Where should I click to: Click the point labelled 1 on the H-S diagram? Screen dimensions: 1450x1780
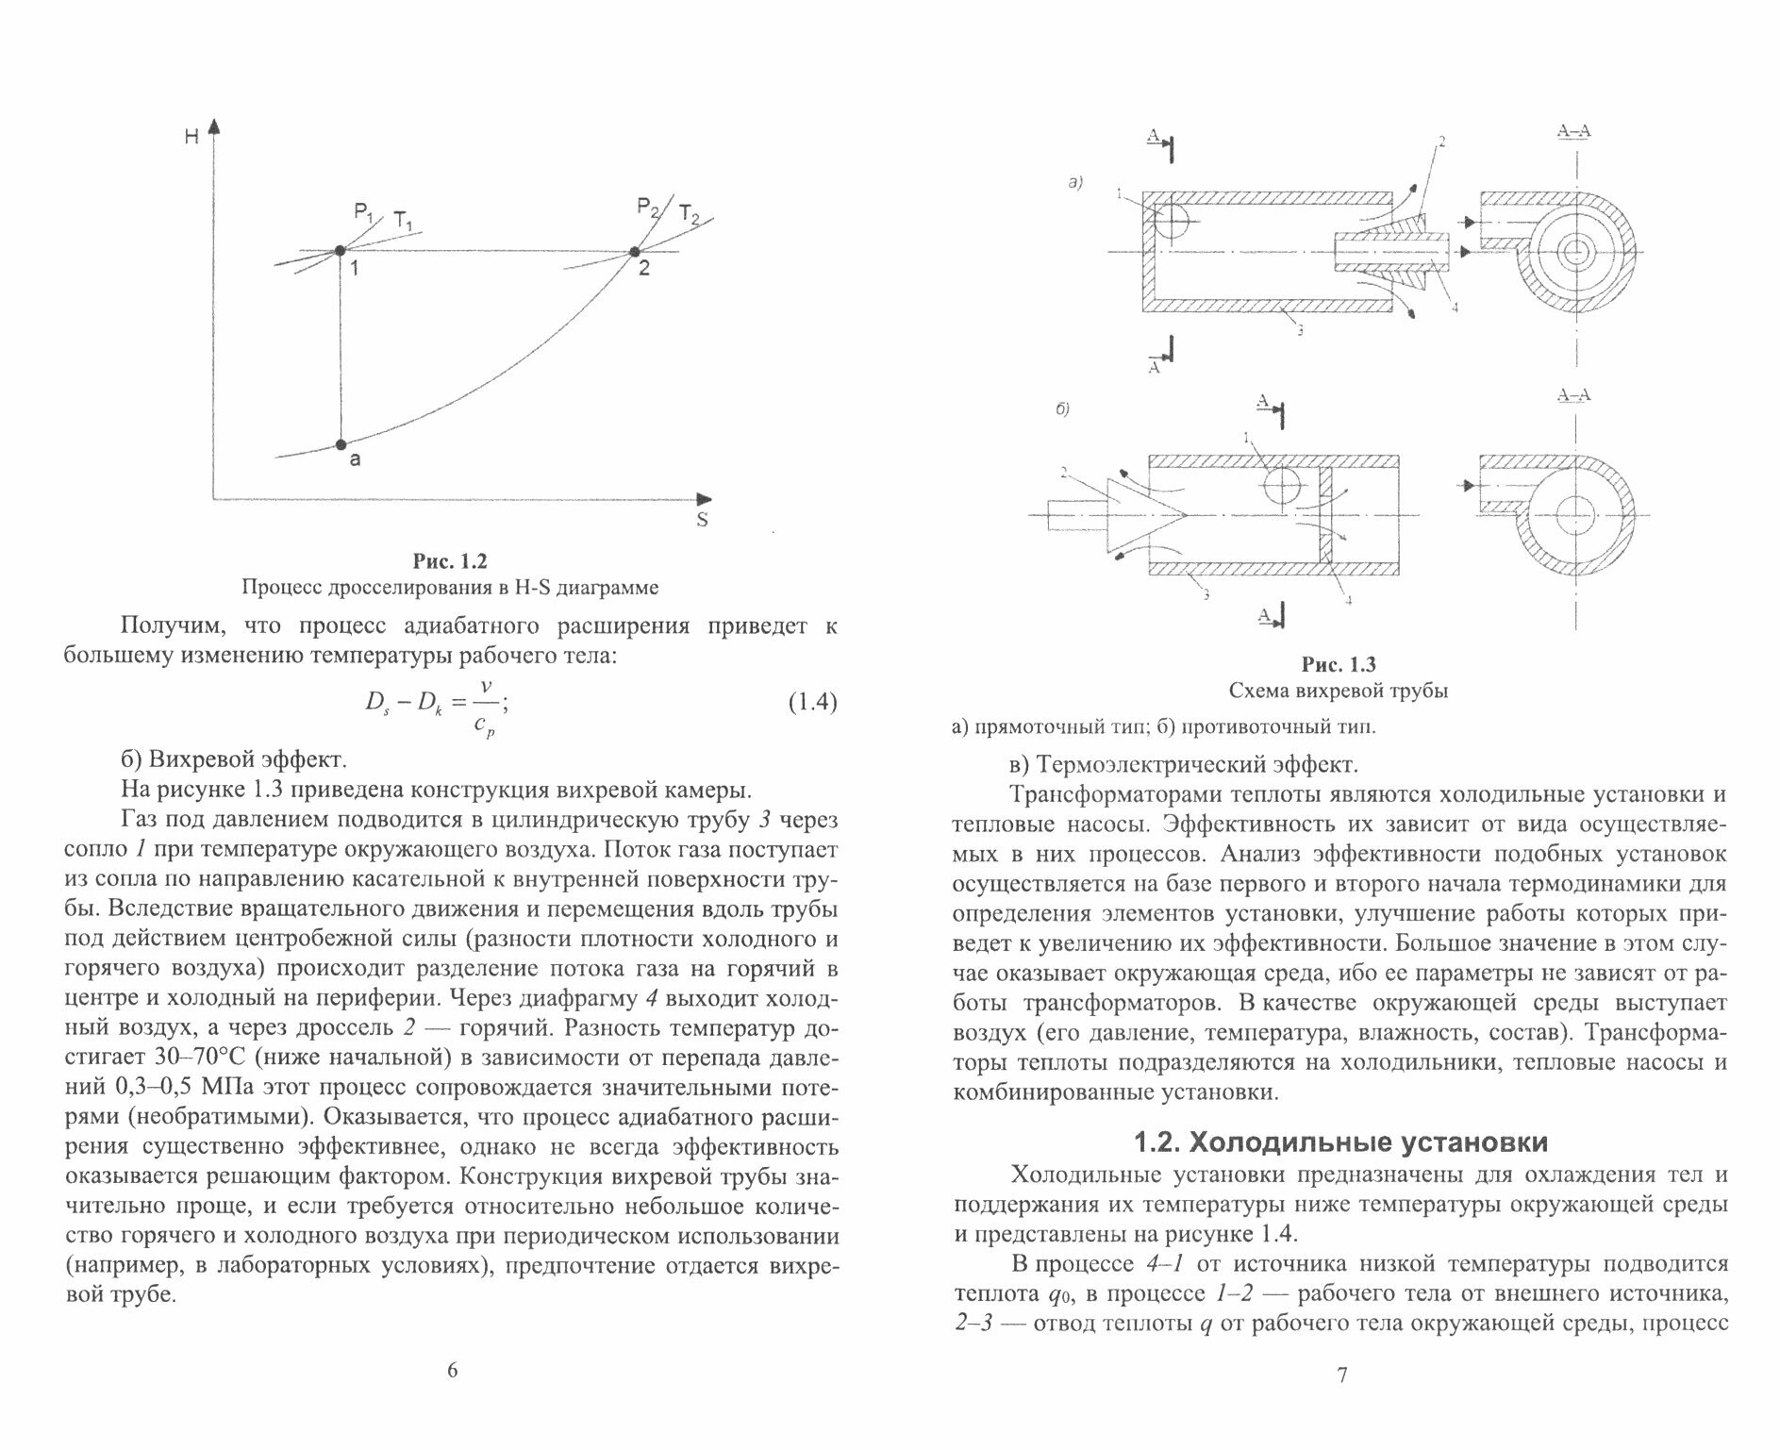(339, 251)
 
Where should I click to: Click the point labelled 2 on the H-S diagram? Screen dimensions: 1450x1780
(634, 252)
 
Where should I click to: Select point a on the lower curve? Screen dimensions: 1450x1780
(341, 444)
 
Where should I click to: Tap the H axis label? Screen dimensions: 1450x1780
(191, 137)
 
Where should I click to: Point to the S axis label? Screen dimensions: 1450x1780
(702, 520)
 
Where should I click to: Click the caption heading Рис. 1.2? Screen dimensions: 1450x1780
(450, 562)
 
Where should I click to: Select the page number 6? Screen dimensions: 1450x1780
(451, 1371)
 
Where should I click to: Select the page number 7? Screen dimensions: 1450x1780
(1342, 1375)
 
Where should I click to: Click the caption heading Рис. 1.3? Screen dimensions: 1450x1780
(1339, 665)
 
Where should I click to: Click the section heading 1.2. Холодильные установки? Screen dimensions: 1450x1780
(1339, 1143)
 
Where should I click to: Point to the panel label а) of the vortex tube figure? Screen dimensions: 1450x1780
(1074, 183)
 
